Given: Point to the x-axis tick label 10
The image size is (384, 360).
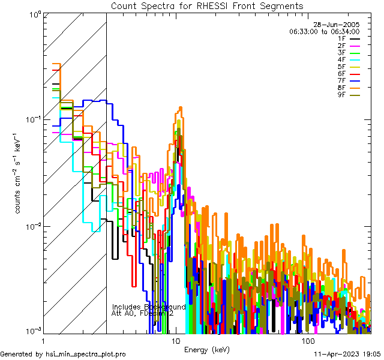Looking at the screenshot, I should [x=176, y=341].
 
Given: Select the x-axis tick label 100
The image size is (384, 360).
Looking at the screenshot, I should [x=307, y=341].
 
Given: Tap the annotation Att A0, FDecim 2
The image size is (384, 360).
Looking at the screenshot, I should [x=142, y=313].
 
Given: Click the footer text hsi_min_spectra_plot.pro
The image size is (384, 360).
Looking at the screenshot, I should [x=86, y=355].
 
